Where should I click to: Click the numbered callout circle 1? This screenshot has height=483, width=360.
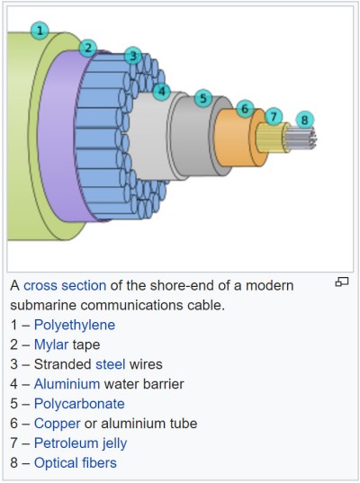point(40,31)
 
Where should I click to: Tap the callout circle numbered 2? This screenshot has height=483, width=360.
point(88,48)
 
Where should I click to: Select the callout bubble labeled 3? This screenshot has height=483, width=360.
point(133,56)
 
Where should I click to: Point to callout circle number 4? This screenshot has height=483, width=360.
point(161,91)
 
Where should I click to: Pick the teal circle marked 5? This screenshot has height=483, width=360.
point(203,98)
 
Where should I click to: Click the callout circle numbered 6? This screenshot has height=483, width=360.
point(245,109)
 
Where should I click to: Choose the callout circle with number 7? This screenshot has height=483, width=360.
point(274,116)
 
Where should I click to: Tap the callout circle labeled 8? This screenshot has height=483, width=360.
point(304,120)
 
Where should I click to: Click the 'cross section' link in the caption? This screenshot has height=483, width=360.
point(65,285)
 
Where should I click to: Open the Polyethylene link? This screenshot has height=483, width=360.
point(75,325)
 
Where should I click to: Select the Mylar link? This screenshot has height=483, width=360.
point(51,344)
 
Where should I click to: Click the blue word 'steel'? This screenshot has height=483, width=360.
point(111,364)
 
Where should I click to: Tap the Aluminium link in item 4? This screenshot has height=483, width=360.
point(67,384)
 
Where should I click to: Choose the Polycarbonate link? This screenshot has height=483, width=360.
point(79,404)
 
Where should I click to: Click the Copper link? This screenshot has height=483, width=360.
point(57,424)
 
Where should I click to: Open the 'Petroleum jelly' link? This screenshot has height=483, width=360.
point(80,443)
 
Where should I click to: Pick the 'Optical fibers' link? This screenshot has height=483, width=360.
point(76,463)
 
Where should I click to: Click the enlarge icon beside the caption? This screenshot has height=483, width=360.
point(341,282)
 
